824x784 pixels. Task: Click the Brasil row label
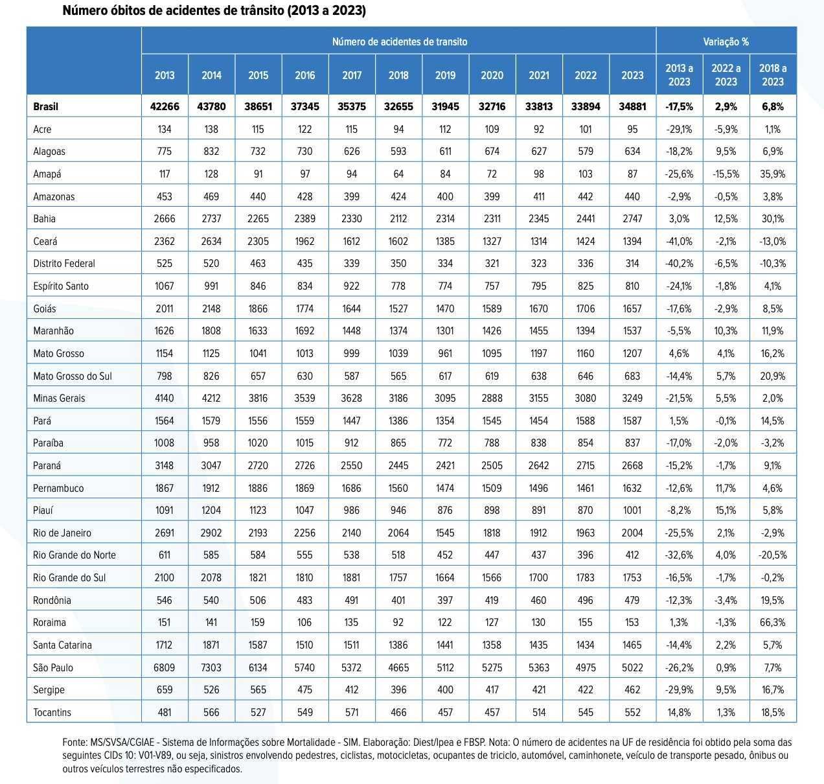pos(46,106)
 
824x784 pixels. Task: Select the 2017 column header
pos(352,75)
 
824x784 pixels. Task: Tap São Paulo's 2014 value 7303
pos(211,667)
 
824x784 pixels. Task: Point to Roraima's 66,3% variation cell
pos(773,623)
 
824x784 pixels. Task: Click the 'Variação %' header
pos(726,41)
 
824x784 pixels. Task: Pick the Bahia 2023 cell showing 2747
pos(632,219)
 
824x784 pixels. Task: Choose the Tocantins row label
pos(52,712)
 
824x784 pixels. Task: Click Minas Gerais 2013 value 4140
pos(165,398)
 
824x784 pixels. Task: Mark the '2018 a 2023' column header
pos(773,75)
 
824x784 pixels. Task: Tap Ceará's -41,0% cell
pos(679,241)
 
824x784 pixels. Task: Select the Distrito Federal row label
pos(64,264)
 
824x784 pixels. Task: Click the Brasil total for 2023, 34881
pos(632,106)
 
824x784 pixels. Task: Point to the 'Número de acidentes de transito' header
pos(399,41)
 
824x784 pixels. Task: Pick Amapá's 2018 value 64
pos(398,174)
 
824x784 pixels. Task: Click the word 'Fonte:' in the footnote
pos(74,742)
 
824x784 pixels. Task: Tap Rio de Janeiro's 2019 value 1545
pos(445,533)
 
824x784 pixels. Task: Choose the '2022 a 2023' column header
pos(726,75)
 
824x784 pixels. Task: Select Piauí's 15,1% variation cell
pos(726,511)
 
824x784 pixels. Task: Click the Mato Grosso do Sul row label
pos(73,376)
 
